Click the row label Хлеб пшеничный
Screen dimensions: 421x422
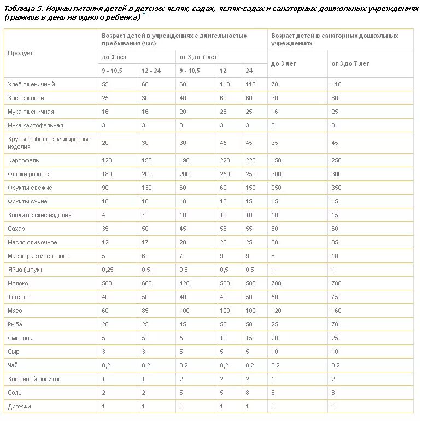[32, 84]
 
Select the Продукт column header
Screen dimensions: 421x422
[21, 53]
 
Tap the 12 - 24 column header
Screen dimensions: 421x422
[151, 71]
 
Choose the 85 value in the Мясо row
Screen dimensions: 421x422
[145, 311]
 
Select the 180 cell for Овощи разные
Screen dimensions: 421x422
[108, 174]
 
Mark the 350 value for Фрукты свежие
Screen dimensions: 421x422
[337, 188]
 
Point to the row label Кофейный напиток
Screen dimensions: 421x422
[34, 379]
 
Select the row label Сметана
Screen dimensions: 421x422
[20, 338]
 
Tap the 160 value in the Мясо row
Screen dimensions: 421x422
[337, 311]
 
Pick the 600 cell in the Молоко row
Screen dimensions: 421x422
[147, 283]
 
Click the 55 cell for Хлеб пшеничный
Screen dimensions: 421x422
[106, 84]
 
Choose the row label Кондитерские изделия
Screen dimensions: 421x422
[39, 215]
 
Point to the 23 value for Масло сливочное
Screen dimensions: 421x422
[223, 242]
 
